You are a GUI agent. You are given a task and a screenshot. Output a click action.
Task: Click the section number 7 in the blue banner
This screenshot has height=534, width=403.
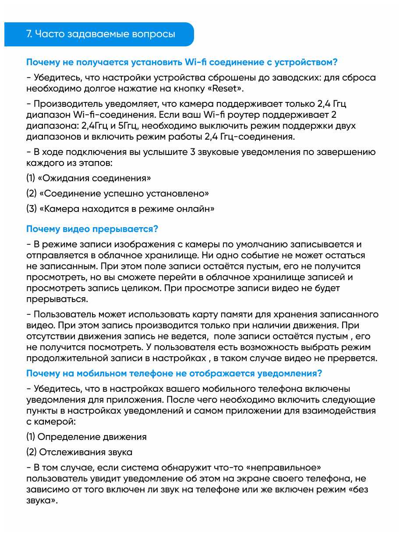[29, 34]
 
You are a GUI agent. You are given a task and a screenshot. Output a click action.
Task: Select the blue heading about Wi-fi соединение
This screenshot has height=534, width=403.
[182, 62]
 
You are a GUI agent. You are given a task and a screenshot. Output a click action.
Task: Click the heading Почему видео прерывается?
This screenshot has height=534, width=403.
[92, 229]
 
